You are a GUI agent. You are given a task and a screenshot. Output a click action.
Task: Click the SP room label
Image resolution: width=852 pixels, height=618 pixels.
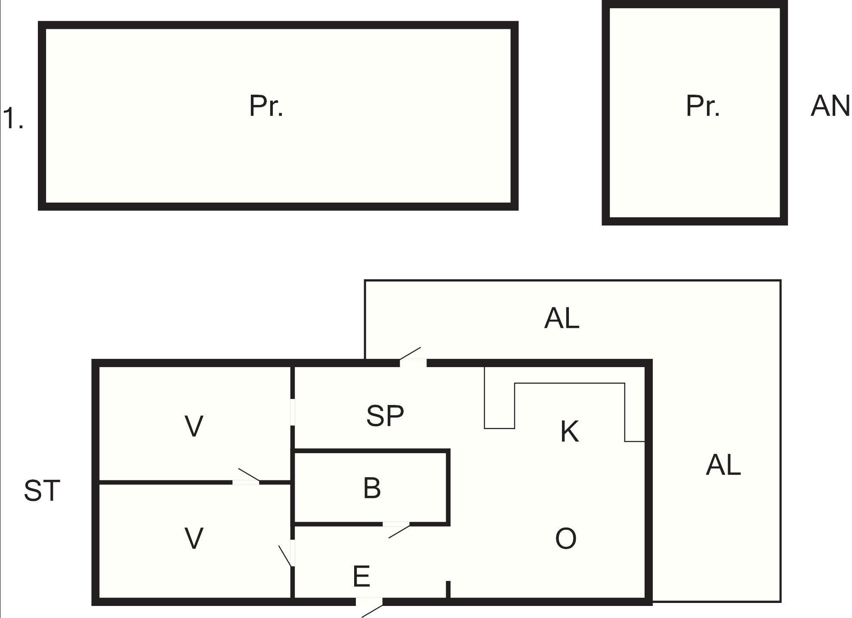point(385,416)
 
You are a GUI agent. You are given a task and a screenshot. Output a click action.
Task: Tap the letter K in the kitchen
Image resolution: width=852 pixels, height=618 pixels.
point(570,432)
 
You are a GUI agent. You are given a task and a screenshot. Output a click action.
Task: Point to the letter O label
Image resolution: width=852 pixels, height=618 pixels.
point(566,538)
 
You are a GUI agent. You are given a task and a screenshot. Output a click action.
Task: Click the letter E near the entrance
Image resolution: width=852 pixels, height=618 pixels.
point(361,576)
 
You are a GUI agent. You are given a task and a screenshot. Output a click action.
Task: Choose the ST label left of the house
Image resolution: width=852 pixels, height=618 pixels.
point(42,491)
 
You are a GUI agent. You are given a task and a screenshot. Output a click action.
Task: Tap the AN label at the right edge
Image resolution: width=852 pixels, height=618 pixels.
point(830,106)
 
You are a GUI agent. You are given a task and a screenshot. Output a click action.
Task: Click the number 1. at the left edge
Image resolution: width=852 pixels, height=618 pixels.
point(13,118)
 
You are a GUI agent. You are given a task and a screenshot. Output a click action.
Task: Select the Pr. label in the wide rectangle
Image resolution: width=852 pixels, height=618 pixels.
point(266,106)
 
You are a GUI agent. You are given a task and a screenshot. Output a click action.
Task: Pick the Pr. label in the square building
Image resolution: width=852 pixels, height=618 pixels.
point(703,106)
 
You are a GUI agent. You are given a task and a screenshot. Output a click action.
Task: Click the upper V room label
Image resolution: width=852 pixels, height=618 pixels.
point(194,426)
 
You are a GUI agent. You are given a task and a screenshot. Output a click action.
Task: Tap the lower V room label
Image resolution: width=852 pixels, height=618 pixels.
point(194,538)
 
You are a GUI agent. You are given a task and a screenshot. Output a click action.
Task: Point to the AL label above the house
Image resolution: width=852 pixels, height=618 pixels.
point(562,318)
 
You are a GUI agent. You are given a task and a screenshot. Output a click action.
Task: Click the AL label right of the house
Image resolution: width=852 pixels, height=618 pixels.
point(724,465)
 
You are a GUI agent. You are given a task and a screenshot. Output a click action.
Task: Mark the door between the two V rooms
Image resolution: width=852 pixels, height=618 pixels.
point(247,477)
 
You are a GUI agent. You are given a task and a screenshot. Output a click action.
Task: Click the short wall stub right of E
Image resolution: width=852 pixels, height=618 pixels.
point(448,589)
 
